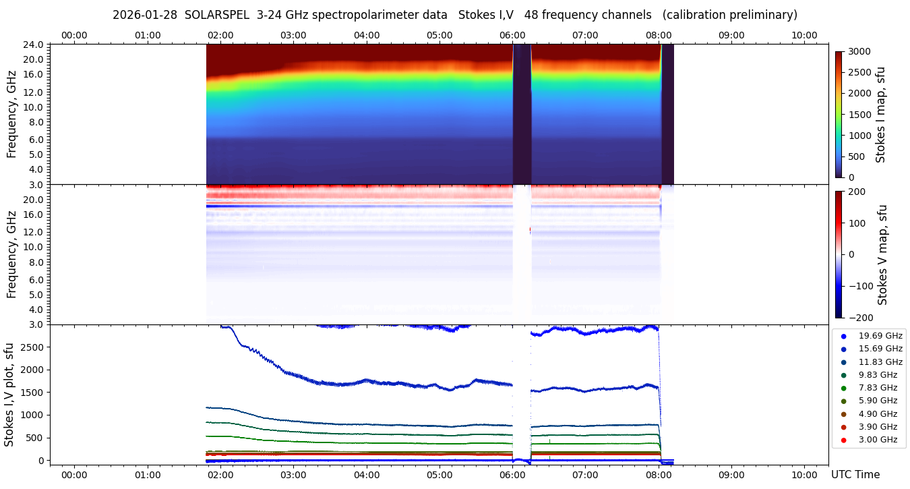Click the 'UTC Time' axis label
pos(855,474)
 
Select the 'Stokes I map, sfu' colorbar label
pos(880,115)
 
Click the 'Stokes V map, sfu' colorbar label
pos(882,254)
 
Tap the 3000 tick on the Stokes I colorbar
pos(859,51)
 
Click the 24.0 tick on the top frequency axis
pos(34,45)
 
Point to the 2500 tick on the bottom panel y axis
pos(34,347)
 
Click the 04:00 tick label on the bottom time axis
pos(366,474)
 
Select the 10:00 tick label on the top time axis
pos(804,35)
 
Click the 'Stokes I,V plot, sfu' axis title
pos(9,395)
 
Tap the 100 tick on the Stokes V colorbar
pos(857,223)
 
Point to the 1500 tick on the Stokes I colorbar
pos(859,115)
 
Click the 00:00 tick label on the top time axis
pos(74,35)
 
